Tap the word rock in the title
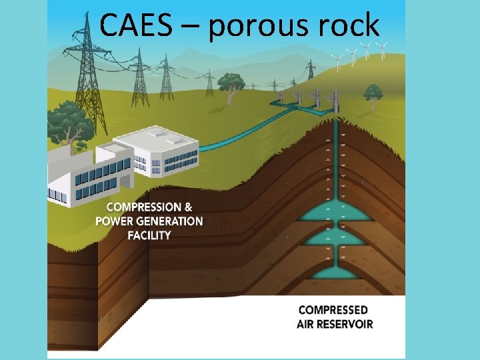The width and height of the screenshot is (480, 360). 349,26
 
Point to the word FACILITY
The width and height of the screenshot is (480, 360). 149,235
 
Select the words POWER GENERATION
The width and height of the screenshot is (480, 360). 149,221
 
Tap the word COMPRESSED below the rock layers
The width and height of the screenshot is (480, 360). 333,310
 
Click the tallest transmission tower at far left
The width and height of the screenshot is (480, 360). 89,73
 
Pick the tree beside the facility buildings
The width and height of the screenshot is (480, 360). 68,123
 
